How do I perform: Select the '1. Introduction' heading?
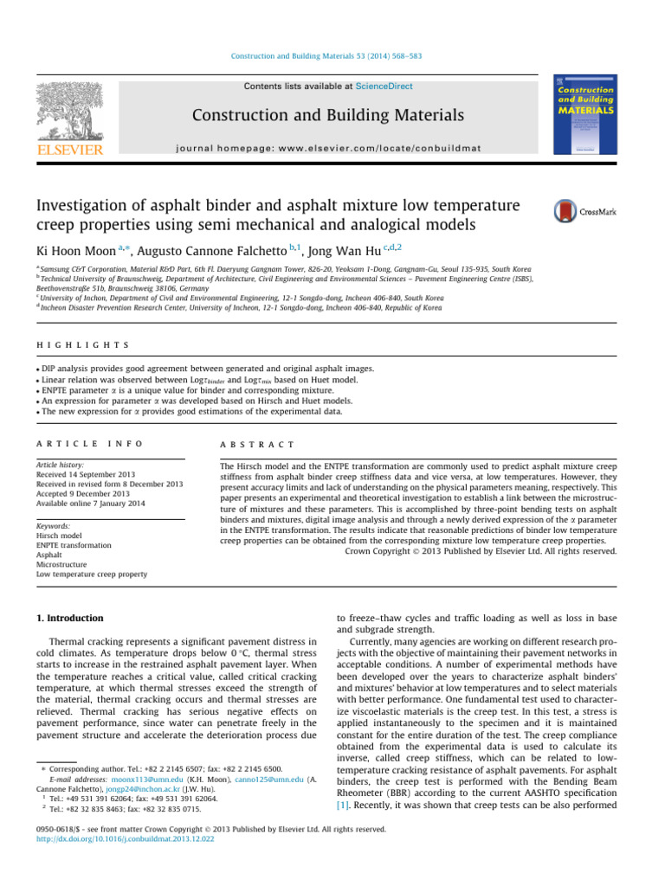click(x=70, y=594)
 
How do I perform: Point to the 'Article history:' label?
click(x=58, y=465)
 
